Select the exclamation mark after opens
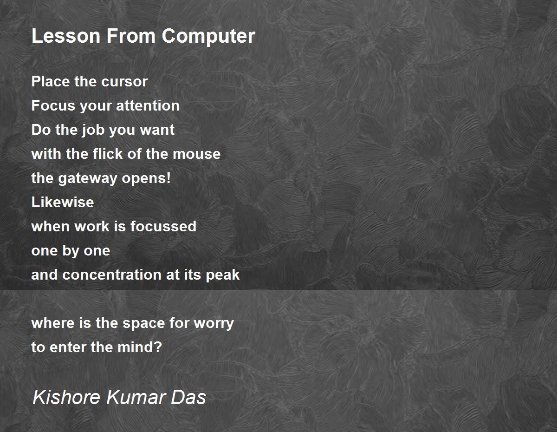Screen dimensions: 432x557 click(168, 178)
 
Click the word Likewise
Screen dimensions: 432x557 click(62, 202)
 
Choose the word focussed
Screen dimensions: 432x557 click(163, 226)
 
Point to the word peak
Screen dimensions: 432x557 click(224, 275)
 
